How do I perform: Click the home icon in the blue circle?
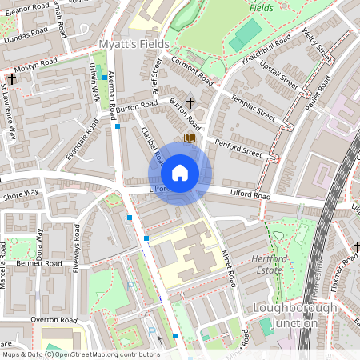[x=180, y=173]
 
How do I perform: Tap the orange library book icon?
[x=189, y=139]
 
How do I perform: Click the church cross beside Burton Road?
[x=190, y=102]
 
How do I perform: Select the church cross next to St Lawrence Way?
[x=12, y=80]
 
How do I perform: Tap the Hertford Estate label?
[x=265, y=267]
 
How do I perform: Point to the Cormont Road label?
[x=193, y=70]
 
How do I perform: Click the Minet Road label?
[x=226, y=269]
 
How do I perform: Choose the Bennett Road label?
[x=38, y=263]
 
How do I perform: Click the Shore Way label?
[x=20, y=193]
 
